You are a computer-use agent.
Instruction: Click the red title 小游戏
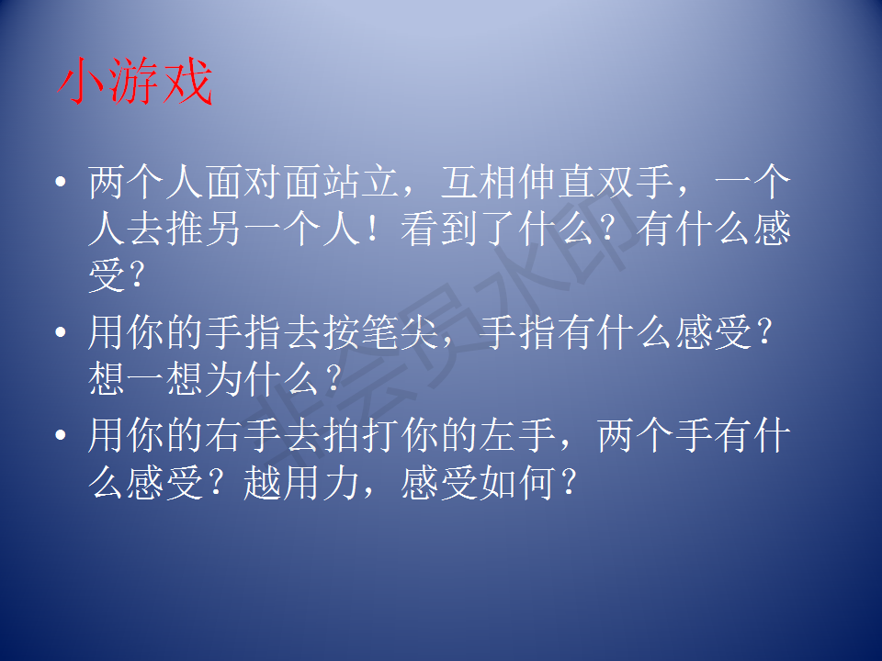[135, 81]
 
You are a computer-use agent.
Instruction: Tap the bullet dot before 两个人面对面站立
[61, 182]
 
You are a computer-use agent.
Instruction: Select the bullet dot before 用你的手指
[61, 331]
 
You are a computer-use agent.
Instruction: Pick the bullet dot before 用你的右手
[61, 434]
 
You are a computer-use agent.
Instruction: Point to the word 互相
[480, 182]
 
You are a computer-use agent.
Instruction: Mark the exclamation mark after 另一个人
[372, 230]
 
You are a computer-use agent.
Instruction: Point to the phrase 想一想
[146, 378]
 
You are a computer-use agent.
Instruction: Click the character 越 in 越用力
[264, 482]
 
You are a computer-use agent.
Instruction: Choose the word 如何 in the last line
[518, 482]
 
